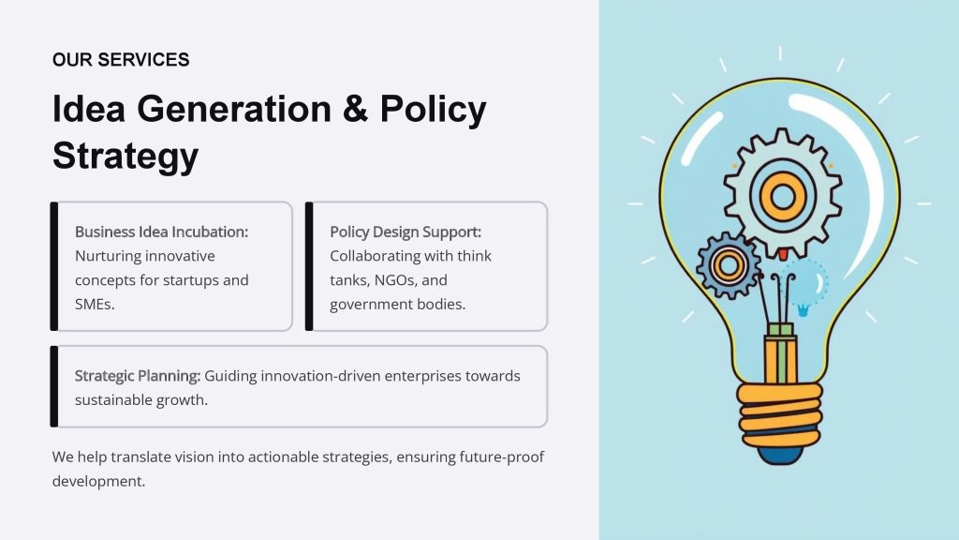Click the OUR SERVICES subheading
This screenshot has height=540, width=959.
(121, 59)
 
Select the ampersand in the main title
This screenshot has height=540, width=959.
(355, 109)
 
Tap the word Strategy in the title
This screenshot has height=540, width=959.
(125, 157)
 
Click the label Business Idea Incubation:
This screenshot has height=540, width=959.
(161, 232)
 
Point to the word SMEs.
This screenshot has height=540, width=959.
(95, 305)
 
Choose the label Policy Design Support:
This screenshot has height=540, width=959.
(406, 232)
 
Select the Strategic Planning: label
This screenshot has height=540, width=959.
(138, 375)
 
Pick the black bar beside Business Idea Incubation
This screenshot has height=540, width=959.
(53, 266)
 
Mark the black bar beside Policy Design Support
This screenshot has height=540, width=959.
(309, 266)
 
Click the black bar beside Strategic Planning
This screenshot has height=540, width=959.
(53, 386)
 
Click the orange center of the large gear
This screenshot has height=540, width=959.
(783, 197)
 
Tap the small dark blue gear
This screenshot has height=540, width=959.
(729, 265)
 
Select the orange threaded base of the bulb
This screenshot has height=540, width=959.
(779, 415)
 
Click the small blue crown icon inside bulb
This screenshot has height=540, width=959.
(803, 310)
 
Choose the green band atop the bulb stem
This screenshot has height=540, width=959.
(780, 330)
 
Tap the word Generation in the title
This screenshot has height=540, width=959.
(233, 109)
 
